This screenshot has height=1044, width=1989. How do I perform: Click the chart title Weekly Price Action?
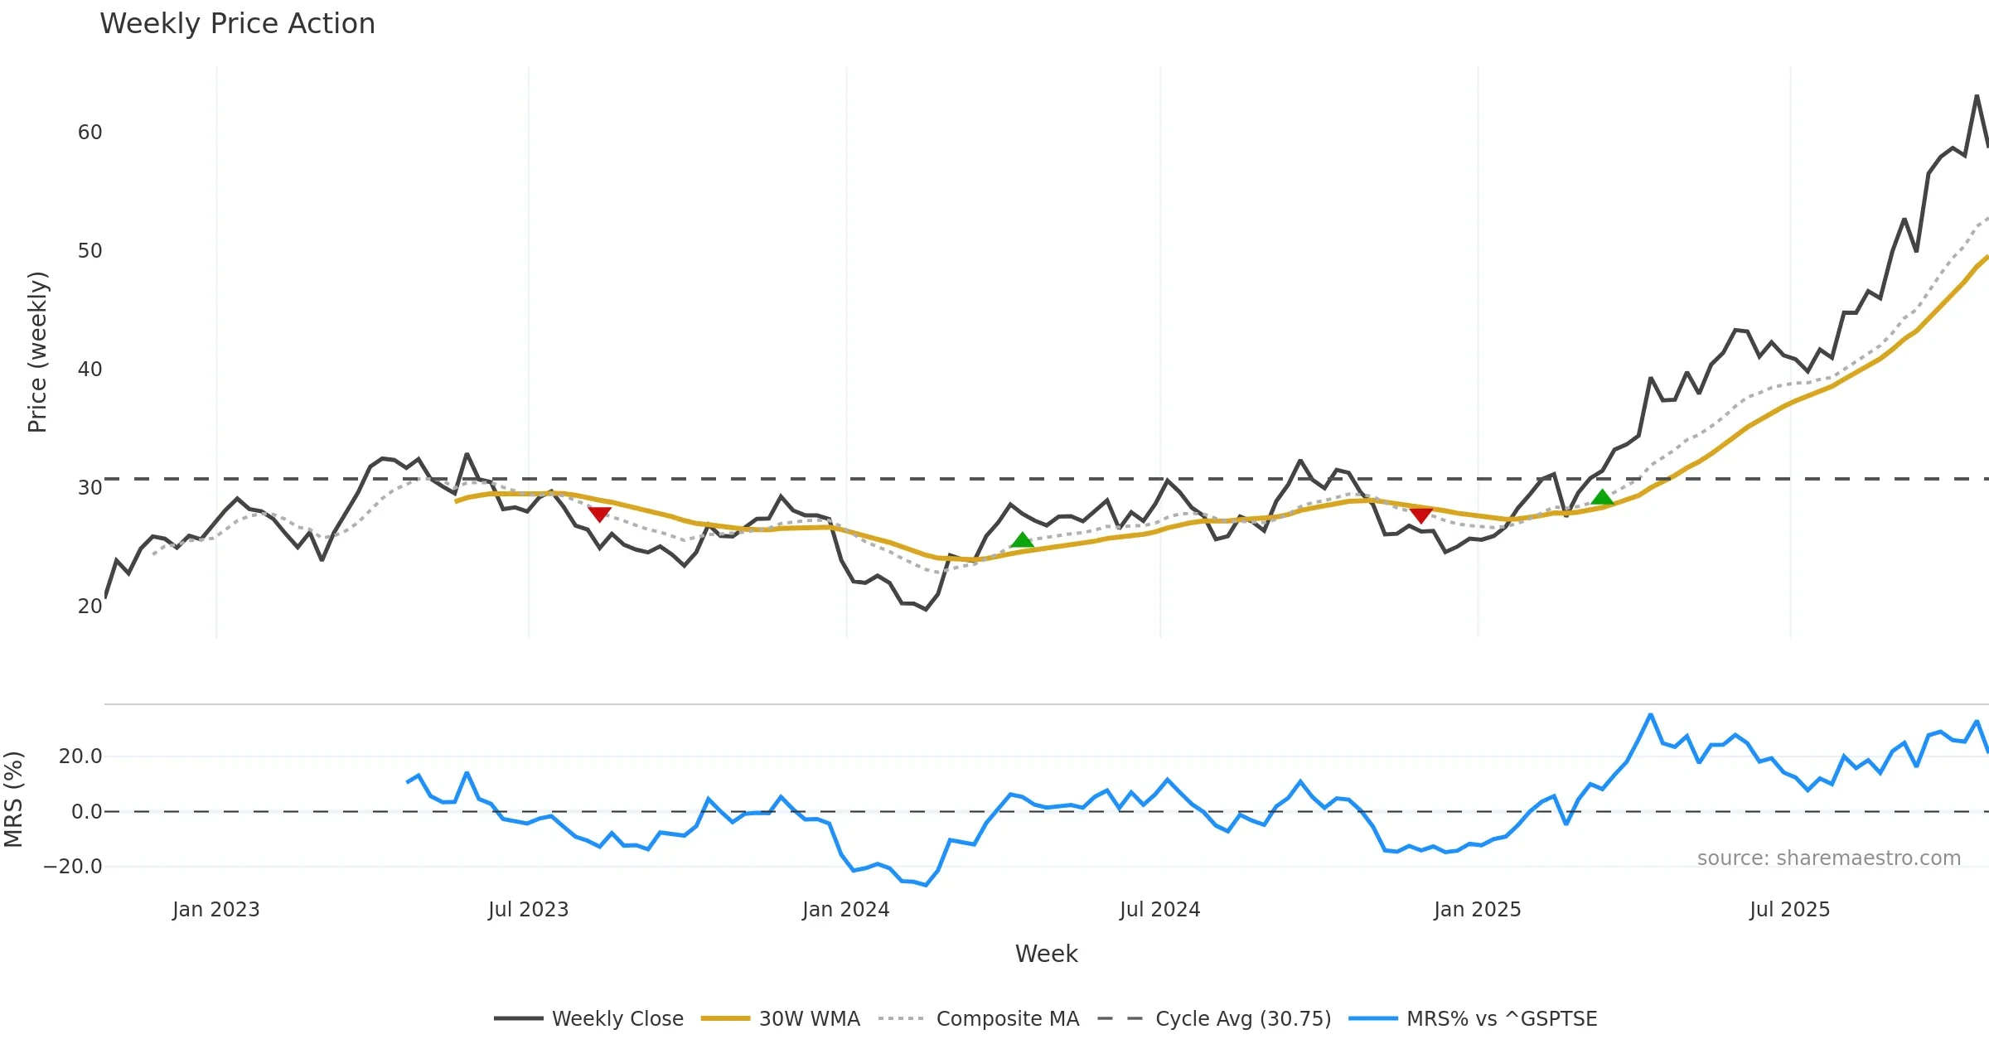pos(237,24)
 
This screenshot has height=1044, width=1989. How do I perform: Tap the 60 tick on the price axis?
pos(90,133)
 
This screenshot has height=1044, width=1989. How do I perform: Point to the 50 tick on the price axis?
pos(90,251)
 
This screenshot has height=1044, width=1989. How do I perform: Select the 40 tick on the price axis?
pos(90,370)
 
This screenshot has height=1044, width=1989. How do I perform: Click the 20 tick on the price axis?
pos(90,607)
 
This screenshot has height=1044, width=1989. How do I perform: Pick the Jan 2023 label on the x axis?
pos(215,910)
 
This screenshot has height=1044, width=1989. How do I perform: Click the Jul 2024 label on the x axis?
pos(1159,910)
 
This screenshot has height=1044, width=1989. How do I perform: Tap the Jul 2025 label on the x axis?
pos(1789,910)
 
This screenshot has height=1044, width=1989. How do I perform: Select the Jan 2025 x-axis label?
pos(1477,910)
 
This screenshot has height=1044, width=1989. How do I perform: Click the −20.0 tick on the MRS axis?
pos(73,867)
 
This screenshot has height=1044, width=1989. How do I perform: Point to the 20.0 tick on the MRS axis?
pos(80,756)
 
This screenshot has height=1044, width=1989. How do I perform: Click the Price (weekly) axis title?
pos(37,352)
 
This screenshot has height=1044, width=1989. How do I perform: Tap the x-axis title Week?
pos(1046,955)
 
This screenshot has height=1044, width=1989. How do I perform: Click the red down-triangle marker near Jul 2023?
pos(599,515)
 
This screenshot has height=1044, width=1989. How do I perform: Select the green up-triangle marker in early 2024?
pos(1022,540)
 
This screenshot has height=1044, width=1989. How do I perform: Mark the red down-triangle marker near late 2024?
pos(1421,516)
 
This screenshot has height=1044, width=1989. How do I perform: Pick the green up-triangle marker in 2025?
pos(1603,497)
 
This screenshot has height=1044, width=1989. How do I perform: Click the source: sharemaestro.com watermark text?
pos(1828,858)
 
